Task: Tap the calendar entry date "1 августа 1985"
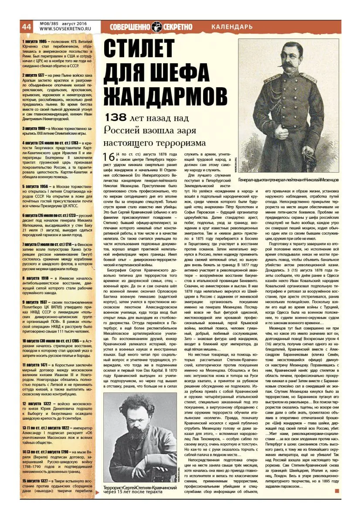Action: click(x=34, y=41)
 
